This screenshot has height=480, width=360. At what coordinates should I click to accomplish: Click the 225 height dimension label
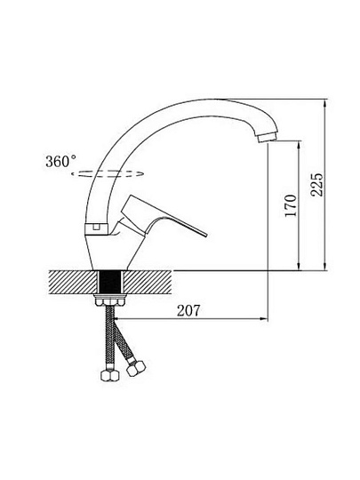pos(316,185)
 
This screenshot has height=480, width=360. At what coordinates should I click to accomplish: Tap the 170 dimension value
pos(291,205)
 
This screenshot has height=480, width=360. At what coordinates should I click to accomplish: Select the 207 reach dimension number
pos(188,311)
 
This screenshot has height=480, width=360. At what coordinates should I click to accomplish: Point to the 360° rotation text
pos(61,161)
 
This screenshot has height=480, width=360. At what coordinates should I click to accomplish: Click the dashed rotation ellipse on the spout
pos(108,173)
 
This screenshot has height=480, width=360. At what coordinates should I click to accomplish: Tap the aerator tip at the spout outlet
pos(268,137)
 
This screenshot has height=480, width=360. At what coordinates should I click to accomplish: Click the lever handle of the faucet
pos(159,218)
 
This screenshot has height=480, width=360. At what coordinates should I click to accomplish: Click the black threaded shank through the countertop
pos(110,282)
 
